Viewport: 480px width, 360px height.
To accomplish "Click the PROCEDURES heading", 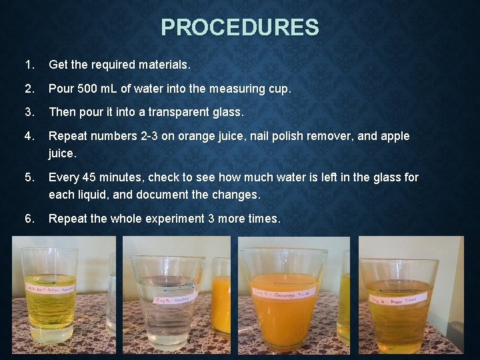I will (x=240, y=27).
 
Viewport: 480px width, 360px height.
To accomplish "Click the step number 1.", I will (x=27, y=65).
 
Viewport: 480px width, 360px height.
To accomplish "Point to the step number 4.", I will (x=27, y=136).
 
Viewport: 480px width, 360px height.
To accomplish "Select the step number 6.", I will (x=27, y=219).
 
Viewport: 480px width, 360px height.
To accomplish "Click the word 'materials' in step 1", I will (x=164, y=65).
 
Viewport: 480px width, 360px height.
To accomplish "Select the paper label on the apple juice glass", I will (x=397, y=300).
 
